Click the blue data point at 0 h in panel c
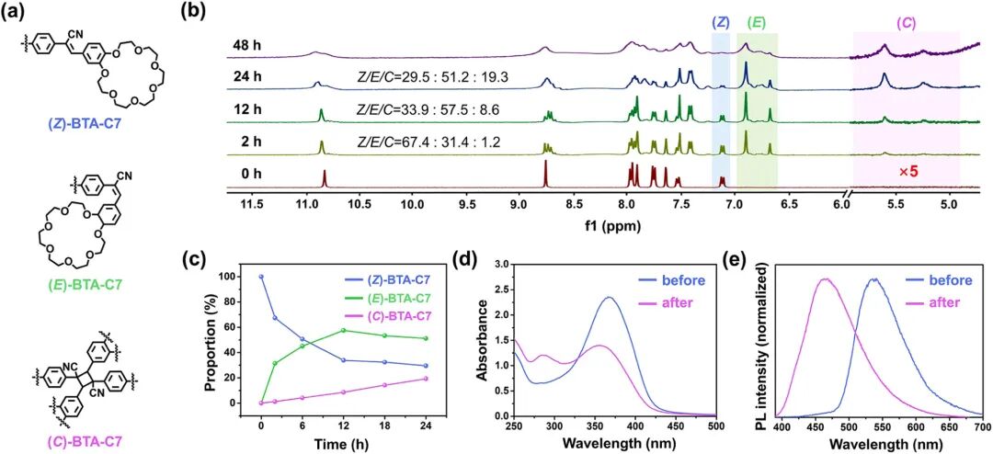click(x=261, y=277)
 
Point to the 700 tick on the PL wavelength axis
click(x=982, y=427)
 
